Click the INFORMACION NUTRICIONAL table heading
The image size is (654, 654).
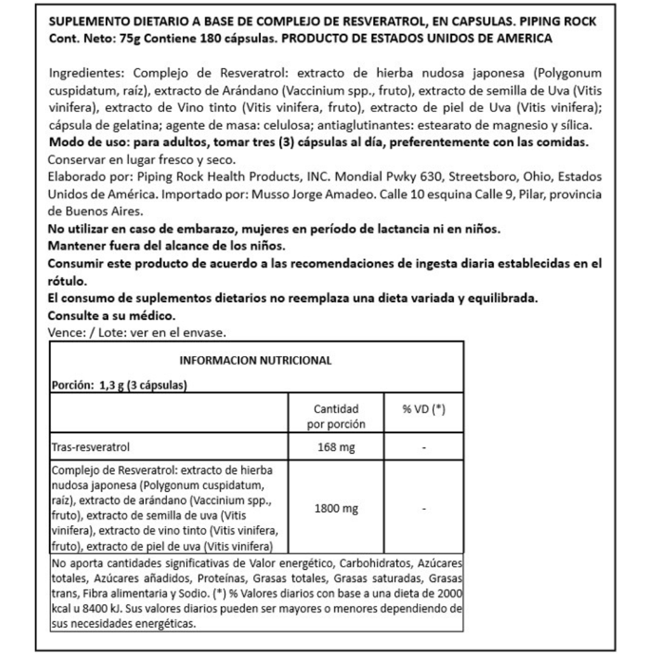(256, 360)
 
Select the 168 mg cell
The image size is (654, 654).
(336, 448)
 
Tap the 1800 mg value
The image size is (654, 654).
(336, 509)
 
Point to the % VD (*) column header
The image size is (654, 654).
(424, 409)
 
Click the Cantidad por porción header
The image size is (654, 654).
(336, 416)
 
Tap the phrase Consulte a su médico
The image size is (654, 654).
(111, 315)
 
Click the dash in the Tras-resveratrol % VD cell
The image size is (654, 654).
(424, 448)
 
